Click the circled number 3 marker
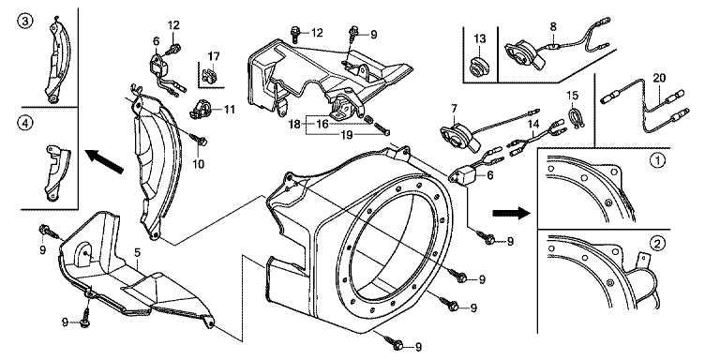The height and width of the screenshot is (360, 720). coord(25,22)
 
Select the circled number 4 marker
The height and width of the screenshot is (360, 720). coord(25,123)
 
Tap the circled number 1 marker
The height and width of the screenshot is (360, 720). coord(657,160)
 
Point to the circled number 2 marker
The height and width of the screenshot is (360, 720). coord(657,243)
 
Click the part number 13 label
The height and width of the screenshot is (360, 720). coord(479,38)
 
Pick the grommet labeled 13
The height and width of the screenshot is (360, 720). coord(479,67)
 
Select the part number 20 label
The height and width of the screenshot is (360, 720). coord(659,79)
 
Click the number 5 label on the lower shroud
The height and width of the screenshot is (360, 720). coord(137,252)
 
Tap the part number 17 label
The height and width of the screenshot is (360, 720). coord(214,56)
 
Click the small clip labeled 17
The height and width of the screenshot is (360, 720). coord(209,75)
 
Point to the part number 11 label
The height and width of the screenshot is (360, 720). coord(229,110)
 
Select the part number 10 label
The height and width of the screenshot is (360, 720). coord(199,164)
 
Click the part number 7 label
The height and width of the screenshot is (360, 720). coord(454,109)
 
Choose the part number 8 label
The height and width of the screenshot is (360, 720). coord(553,26)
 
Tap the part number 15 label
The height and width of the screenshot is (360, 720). coord(573,96)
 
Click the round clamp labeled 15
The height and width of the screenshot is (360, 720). coord(573,118)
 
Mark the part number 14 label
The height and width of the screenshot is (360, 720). coord(532,123)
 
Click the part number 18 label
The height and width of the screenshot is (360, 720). coord(294,124)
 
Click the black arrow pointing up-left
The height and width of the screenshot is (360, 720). coord(105,160)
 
